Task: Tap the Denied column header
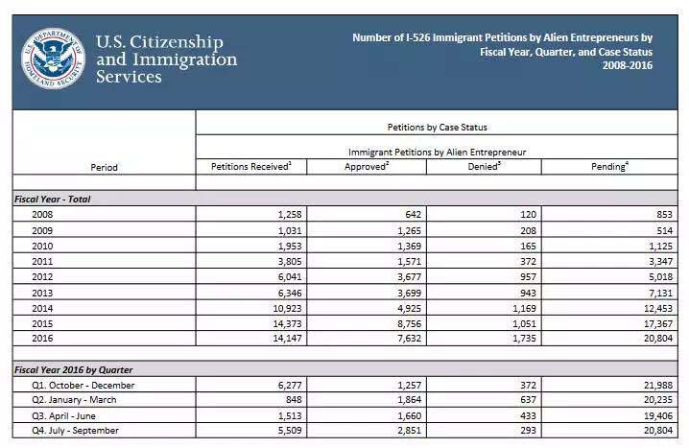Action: coord(485,167)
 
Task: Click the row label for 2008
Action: coord(42,214)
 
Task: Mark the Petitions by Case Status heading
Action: coord(440,127)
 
